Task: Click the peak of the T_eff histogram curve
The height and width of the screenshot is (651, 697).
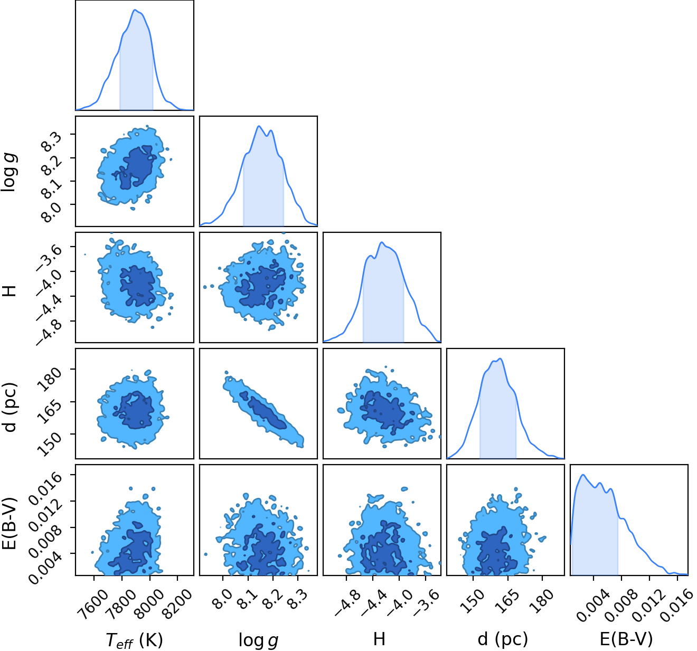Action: (135, 10)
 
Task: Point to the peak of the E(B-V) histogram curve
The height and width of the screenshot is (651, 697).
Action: (583, 475)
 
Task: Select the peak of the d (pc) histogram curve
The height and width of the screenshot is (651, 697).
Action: (500, 358)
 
